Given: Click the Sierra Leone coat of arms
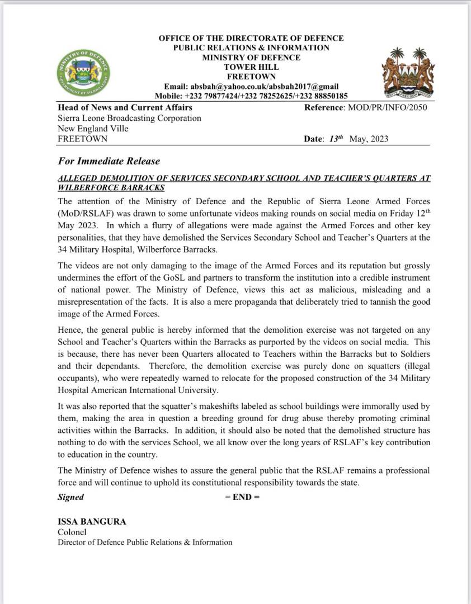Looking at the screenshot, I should click(408, 73).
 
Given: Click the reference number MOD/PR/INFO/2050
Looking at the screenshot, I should click(387, 107).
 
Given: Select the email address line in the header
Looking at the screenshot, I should click(251, 87).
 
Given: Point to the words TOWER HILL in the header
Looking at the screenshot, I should click(251, 67).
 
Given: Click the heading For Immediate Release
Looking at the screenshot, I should click(109, 161).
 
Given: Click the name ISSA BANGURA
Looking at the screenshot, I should click(92, 522).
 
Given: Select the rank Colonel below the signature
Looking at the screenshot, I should click(72, 532).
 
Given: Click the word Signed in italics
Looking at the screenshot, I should click(70, 497).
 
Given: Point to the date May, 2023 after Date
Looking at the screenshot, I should click(369, 139).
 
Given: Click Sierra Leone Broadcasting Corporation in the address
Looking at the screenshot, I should click(129, 118).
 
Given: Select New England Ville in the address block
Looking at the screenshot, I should click(93, 129).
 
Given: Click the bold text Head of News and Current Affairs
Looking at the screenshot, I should click(125, 107).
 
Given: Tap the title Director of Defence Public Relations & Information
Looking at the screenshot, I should click(144, 542).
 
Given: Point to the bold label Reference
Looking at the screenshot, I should click(324, 107).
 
